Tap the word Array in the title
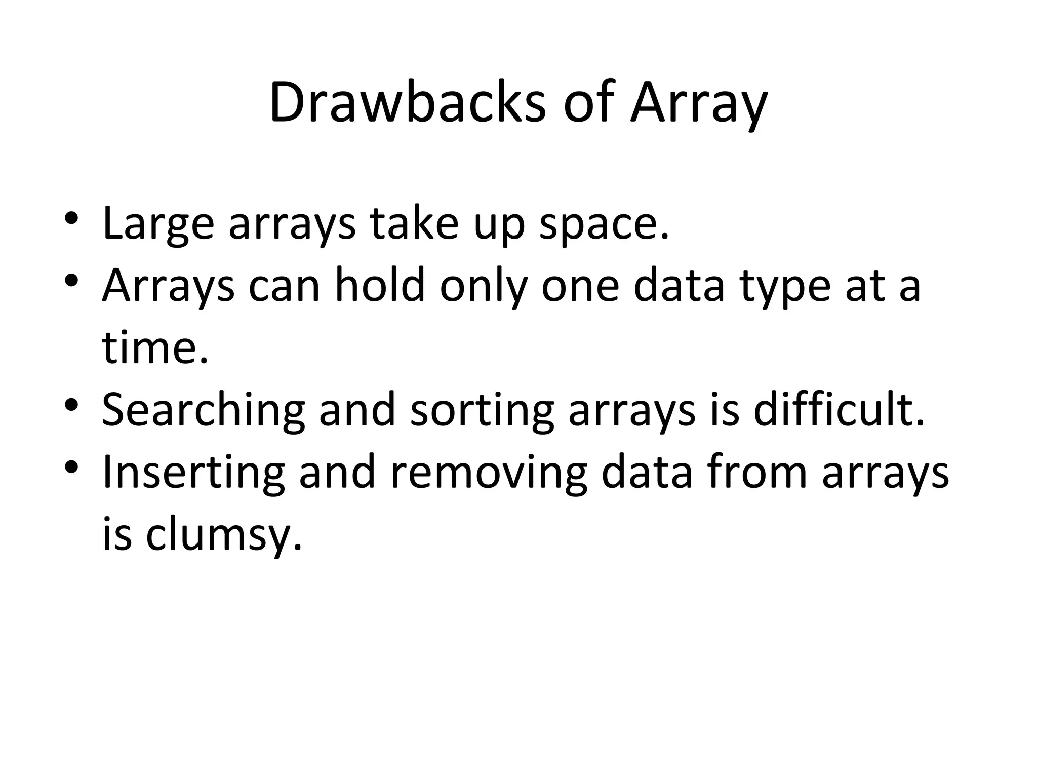pyautogui.click(x=699, y=104)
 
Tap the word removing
pyautogui.click(x=489, y=472)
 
